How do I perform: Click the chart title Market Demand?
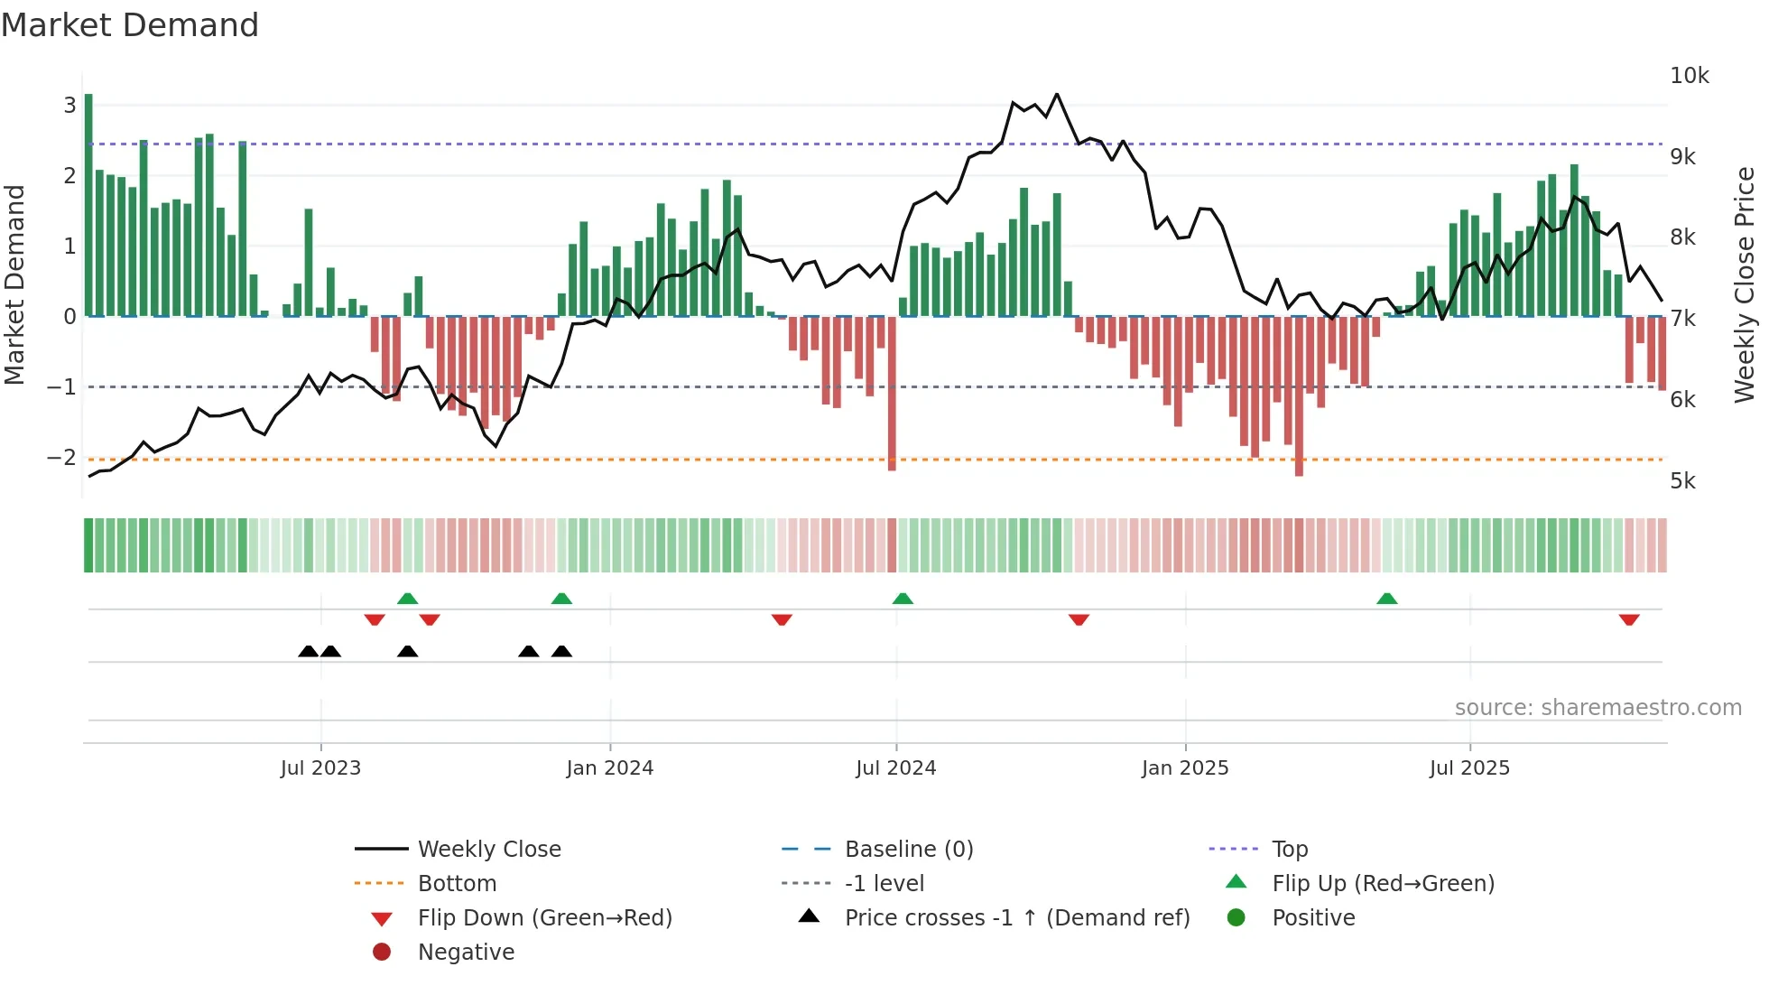(x=130, y=25)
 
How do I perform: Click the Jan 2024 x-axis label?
(x=609, y=768)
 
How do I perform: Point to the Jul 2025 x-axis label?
(x=1468, y=768)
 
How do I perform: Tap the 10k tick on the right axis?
(x=1689, y=76)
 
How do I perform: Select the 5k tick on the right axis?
(x=1682, y=481)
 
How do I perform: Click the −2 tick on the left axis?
(x=62, y=458)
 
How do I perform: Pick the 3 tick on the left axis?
(x=69, y=106)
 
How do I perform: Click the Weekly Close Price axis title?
(x=1744, y=284)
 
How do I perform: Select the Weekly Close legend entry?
(x=488, y=850)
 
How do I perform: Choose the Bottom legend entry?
(x=457, y=884)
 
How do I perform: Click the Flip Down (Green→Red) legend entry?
(x=544, y=918)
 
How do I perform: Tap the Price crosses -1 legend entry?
(x=1016, y=918)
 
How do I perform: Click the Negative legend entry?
(x=466, y=953)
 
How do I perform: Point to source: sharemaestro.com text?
(x=1598, y=708)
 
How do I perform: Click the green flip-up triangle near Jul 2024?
(x=903, y=599)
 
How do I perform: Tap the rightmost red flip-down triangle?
(x=1628, y=619)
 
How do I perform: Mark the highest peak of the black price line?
(x=1057, y=95)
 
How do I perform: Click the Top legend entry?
(x=1289, y=850)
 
